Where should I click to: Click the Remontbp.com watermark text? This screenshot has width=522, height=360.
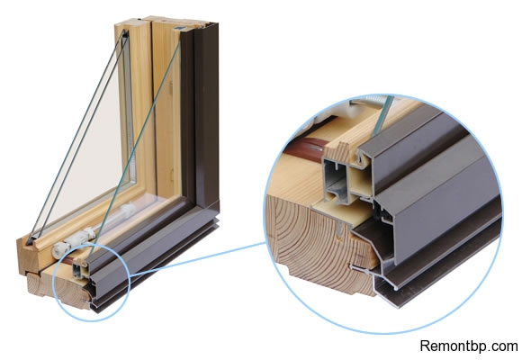[469, 346]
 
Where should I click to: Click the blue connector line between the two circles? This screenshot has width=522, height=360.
[196, 260]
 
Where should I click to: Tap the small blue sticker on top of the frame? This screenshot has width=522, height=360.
[178, 28]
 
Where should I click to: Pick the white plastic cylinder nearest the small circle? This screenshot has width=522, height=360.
[62, 250]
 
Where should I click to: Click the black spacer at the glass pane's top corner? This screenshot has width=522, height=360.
[125, 33]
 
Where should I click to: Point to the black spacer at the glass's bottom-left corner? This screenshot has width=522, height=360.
[31, 238]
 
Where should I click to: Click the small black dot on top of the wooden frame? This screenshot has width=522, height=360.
[136, 21]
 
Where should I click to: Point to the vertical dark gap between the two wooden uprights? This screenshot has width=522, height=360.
[153, 106]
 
